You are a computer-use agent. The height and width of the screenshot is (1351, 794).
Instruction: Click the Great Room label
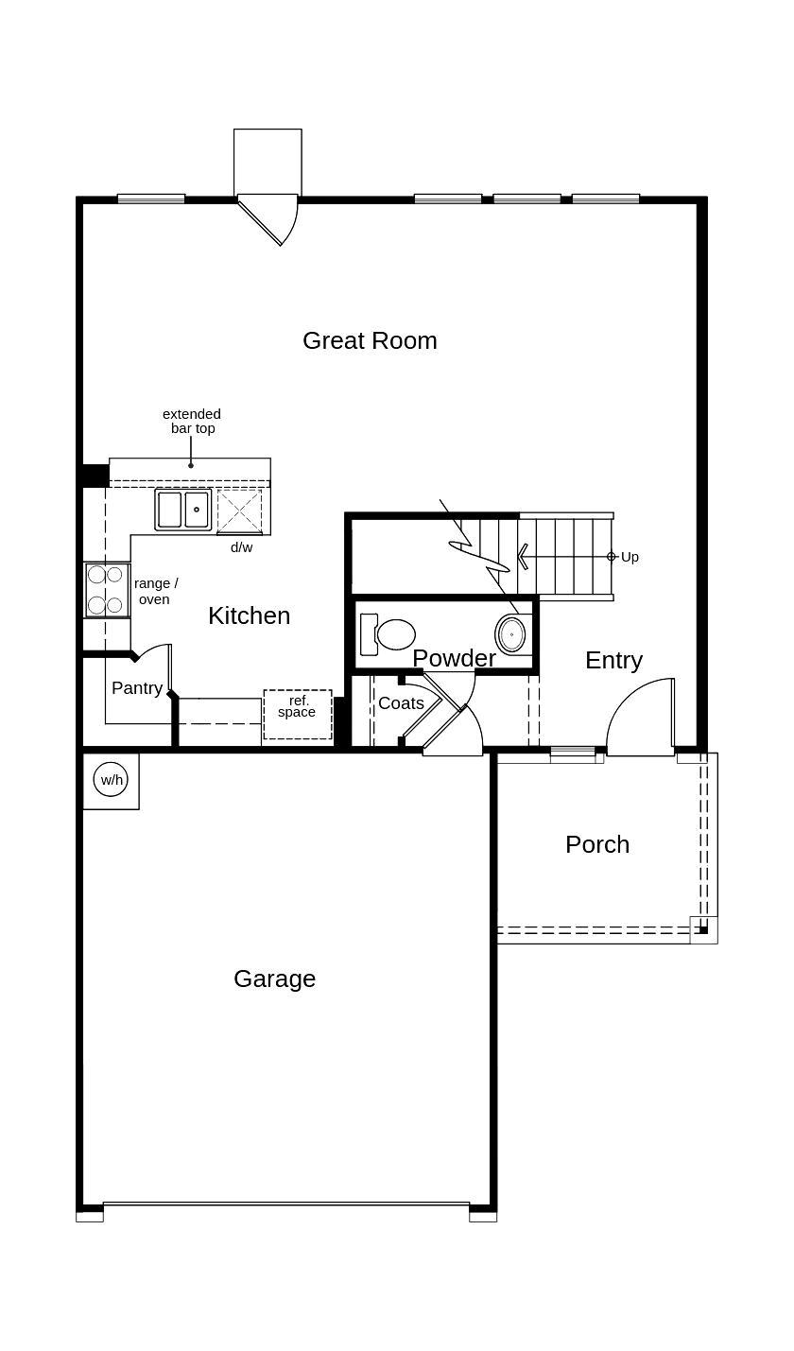370,340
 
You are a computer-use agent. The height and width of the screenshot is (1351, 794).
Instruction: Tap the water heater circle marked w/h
111,780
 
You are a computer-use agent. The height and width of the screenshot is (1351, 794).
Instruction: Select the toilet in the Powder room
388,634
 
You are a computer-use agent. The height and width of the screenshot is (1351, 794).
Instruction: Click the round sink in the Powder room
511,634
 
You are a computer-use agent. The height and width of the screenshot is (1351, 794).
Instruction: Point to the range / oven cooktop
106,590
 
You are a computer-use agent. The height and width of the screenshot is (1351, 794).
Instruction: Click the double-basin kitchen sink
183,510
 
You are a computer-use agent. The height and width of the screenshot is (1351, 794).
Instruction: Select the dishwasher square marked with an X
240,511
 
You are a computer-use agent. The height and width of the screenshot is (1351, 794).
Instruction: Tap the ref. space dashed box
297,714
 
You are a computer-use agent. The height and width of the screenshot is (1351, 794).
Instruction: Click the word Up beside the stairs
630,557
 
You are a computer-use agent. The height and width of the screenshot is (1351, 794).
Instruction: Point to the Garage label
274,979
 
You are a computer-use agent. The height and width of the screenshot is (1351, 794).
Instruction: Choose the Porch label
596,844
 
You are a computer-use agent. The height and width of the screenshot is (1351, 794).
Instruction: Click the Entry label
613,660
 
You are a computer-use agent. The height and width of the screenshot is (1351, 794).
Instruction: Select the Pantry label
137,688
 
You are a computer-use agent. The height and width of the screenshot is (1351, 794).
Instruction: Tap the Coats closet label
401,703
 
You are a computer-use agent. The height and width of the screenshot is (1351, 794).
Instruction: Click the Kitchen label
249,615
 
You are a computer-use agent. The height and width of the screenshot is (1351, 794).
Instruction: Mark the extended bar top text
192,421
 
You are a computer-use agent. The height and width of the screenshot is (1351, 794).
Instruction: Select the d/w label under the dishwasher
242,547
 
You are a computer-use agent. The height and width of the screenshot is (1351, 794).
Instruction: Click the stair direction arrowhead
523,557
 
